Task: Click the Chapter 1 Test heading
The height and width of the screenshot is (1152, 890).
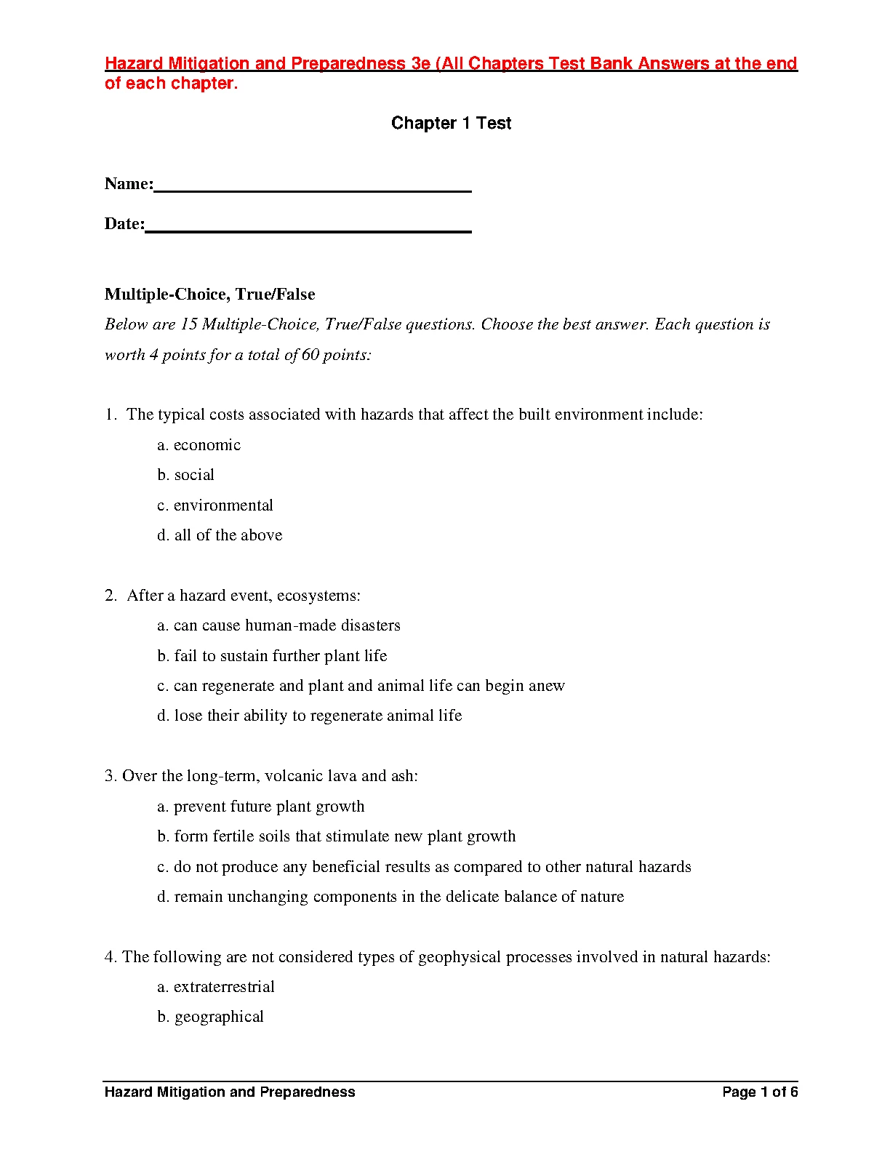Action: coord(451,123)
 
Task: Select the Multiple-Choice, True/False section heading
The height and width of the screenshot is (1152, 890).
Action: coord(209,294)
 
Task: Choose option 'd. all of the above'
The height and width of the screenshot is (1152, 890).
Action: coord(220,535)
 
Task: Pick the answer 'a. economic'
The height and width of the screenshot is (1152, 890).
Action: coord(199,445)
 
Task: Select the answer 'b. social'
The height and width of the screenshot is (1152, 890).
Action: coord(185,475)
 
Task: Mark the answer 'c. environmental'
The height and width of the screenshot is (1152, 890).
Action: coord(215,505)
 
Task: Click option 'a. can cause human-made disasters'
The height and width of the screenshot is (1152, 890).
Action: coord(278,625)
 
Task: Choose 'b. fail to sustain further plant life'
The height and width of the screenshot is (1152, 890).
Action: coord(272,656)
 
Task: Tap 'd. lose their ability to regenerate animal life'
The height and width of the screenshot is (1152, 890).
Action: coord(309,716)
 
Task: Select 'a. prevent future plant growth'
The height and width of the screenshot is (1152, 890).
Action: coord(260,807)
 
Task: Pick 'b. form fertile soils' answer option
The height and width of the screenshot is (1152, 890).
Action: coord(336,836)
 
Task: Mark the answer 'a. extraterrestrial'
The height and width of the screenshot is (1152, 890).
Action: coord(216,987)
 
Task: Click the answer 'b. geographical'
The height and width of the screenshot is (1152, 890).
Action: coord(210,1017)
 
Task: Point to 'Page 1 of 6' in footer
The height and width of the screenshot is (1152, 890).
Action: coord(760,1092)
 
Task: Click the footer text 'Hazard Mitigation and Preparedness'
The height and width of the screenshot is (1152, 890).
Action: coord(230,1092)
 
